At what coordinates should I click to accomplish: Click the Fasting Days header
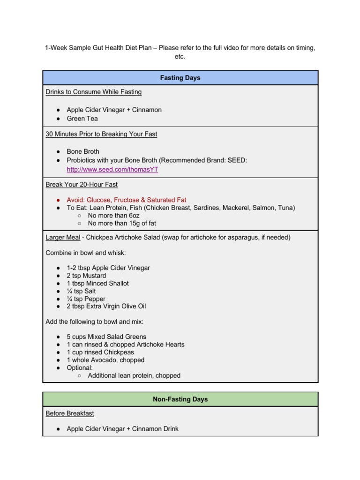point(180,78)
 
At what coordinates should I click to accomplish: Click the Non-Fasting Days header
point(180,399)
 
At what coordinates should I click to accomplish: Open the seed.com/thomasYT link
point(112,170)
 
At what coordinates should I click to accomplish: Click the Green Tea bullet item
point(82,119)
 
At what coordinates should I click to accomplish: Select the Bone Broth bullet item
point(83,152)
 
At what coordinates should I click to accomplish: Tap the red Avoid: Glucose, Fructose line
point(126,200)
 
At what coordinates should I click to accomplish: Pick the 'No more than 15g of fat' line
point(122,224)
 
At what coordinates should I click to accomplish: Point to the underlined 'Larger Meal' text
point(63,238)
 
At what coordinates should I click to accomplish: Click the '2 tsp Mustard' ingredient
point(86,276)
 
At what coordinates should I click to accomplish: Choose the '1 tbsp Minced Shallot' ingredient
point(97,284)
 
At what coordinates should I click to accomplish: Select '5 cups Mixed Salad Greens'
point(106,337)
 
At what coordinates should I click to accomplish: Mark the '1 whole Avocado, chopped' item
point(105,360)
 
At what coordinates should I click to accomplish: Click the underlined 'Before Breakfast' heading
point(69,413)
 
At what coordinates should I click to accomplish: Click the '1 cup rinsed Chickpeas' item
point(100,352)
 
